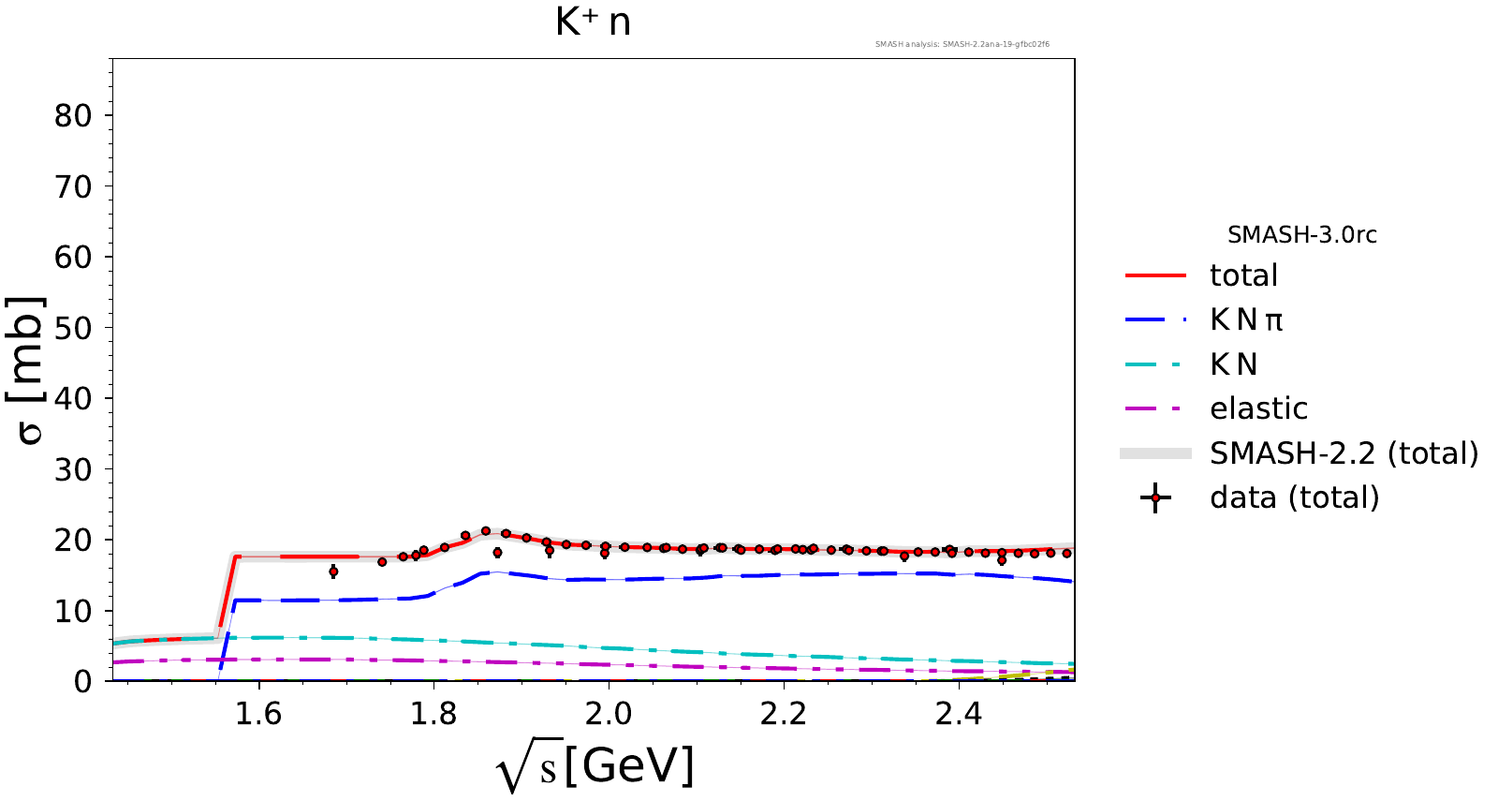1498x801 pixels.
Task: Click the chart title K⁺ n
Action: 593,22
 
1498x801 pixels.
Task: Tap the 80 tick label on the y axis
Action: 73,116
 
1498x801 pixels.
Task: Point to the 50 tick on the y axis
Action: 73,328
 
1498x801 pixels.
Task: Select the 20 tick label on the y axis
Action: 73,541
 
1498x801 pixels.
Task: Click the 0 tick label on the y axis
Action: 83,681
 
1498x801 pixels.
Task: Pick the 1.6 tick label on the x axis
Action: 258,714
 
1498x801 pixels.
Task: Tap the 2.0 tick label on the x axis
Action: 609,714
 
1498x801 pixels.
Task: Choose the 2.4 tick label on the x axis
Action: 959,714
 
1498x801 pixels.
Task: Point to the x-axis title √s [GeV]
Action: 595,766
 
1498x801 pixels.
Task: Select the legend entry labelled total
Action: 1243,275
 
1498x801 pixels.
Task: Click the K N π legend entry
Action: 1245,320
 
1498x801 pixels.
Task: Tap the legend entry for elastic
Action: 1258,408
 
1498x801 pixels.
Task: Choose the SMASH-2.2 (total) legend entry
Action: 1344,453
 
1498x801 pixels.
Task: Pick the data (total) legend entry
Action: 1294,497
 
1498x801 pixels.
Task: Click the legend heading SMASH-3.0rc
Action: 1301,234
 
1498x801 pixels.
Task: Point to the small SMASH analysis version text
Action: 962,44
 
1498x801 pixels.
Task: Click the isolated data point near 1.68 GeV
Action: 333,571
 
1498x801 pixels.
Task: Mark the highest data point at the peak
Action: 486,531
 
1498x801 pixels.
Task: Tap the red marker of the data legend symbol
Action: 1155,497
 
